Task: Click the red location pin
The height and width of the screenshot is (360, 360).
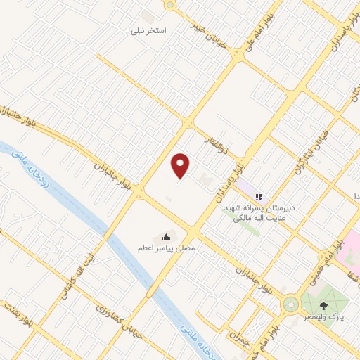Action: pos(181,166)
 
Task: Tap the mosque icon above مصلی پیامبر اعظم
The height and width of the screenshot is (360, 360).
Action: pos(166,237)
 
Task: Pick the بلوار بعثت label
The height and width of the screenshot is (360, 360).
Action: pos(18,315)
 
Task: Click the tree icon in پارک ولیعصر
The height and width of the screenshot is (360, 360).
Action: pos(323,306)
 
